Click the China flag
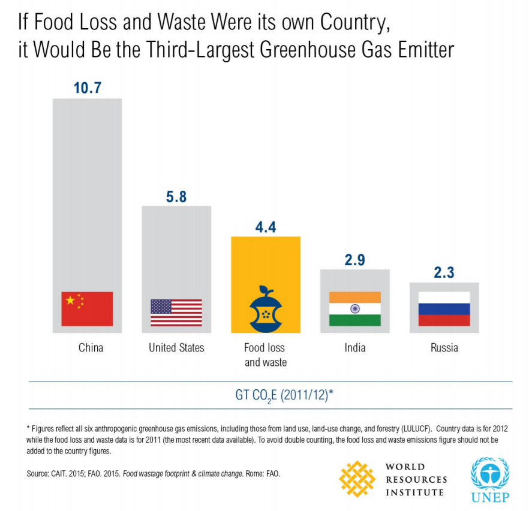[87, 308]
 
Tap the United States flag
[176, 312]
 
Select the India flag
[354, 308]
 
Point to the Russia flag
[444, 308]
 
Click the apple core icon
[266, 308]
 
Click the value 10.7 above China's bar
[88, 88]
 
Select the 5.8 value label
[176, 197]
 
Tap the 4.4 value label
[266, 227]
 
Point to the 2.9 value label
[354, 260]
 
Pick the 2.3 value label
[444, 272]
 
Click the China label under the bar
[91, 348]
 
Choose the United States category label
[176, 348]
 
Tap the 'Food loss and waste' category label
[265, 354]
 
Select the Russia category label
[444, 348]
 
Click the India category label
[355, 348]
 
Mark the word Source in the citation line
[39, 473]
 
